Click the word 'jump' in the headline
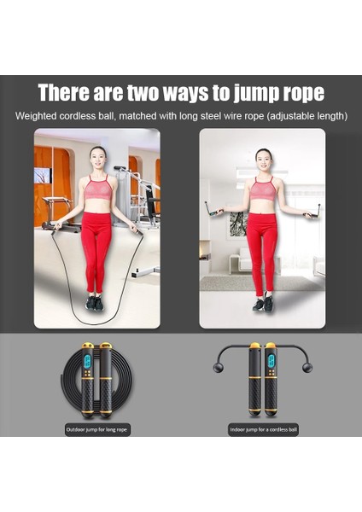243,93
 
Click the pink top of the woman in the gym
96,189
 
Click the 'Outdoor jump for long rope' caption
96,429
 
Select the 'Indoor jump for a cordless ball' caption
263,429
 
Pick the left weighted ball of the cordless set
218,368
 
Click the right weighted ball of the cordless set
308,369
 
